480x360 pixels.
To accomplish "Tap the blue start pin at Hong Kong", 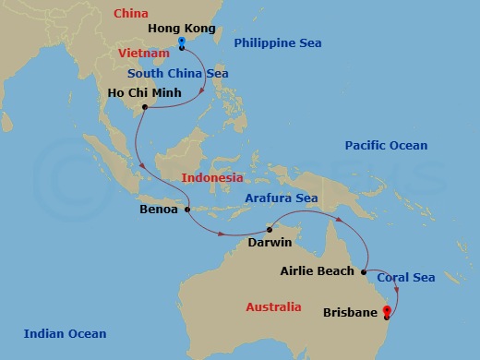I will coord(181,43).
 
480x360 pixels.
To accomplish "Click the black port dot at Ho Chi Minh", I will coord(145,107).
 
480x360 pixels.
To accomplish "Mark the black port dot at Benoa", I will coord(187,209).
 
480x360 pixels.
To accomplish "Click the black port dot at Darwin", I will coord(270,228).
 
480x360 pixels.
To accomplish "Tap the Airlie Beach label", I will coord(317,271).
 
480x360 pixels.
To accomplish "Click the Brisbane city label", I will coord(350,313).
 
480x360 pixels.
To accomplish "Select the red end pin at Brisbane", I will coord(386,313).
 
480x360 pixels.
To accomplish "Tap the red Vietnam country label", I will coord(144,54).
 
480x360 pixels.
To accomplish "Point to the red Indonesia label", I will coord(212,177).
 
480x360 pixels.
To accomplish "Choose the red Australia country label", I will coord(273,306).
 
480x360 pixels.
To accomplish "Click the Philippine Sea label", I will coord(276,42).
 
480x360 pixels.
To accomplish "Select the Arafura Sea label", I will coord(282,198).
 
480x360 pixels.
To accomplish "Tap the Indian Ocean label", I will coord(65,334).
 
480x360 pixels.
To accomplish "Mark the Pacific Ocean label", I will coord(386,146).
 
